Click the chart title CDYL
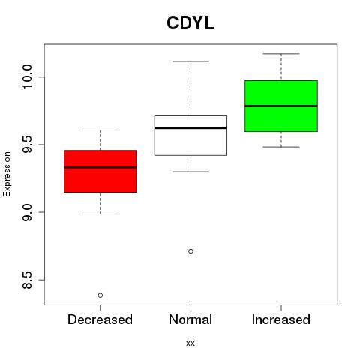click(x=190, y=23)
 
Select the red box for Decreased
click(x=100, y=171)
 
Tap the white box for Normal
click(x=190, y=136)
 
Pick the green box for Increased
click(x=281, y=106)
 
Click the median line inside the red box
click(x=100, y=167)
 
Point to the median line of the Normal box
click(x=190, y=128)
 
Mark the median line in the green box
click(x=281, y=106)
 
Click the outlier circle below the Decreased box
click(x=100, y=295)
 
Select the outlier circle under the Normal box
click(x=190, y=251)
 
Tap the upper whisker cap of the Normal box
click(x=190, y=61)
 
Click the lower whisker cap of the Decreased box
click(x=100, y=214)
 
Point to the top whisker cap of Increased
click(x=281, y=54)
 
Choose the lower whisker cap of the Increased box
click(x=281, y=147)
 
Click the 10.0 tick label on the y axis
click(x=27, y=76)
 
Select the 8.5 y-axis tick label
click(x=27, y=280)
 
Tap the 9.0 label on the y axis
click(x=27, y=212)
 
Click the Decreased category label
click(x=100, y=319)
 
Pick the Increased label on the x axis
click(x=281, y=319)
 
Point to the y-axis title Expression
click(x=7, y=174)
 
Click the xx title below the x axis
click(x=190, y=343)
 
